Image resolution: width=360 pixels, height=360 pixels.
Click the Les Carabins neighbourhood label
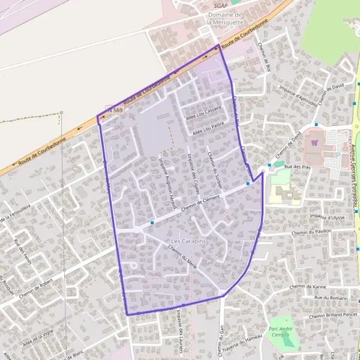coord(185,241)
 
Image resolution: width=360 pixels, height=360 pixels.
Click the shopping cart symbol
coord(314,143)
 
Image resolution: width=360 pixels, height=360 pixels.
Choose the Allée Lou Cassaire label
coord(204,111)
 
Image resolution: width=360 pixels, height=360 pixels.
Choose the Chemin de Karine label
coord(306,287)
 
